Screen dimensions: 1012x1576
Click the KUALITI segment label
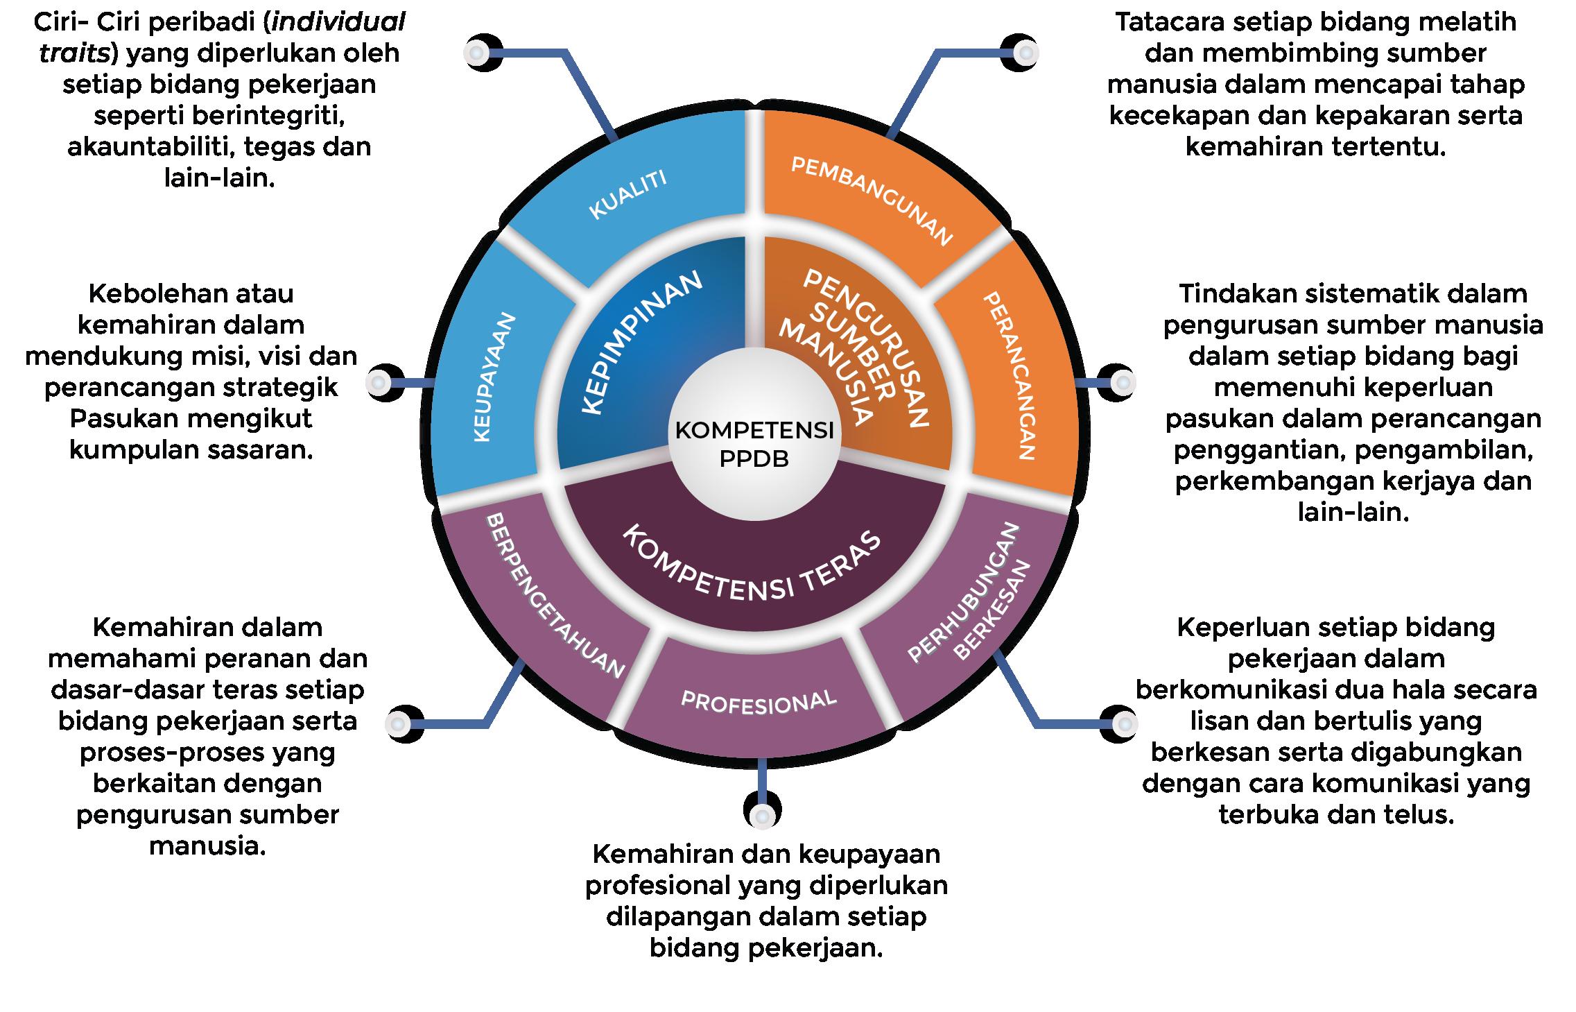click(627, 194)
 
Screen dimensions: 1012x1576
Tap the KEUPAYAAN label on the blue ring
click(495, 377)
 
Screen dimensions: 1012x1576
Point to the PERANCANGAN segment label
click(1010, 375)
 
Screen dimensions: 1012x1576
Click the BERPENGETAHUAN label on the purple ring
click(555, 596)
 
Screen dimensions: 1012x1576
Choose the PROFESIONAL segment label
click(759, 702)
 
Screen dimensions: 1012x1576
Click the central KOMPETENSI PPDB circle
click(754, 444)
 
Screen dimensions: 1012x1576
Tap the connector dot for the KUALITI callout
click(476, 52)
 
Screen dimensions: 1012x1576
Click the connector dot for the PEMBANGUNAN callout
click(1023, 53)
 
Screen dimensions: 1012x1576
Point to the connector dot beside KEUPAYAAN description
click(379, 382)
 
